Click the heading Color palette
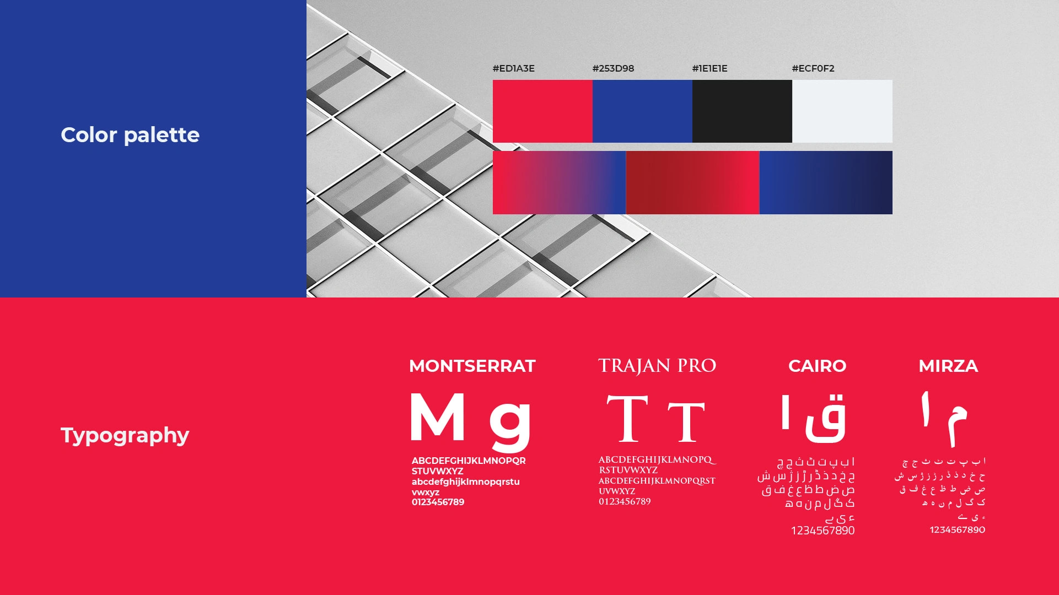pyautogui.click(x=130, y=135)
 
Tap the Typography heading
pyautogui.click(x=125, y=435)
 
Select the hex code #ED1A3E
pyautogui.click(x=513, y=68)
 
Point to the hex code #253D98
pyautogui.click(x=613, y=68)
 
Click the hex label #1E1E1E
pyautogui.click(x=709, y=68)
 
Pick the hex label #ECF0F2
pyautogui.click(x=813, y=68)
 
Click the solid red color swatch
pyautogui.click(x=542, y=111)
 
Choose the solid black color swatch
pyautogui.click(x=742, y=111)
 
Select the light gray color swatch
pyautogui.click(x=842, y=111)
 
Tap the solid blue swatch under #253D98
pyautogui.click(x=642, y=111)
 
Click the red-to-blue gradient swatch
pyautogui.click(x=559, y=182)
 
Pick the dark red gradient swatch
pyautogui.click(x=692, y=182)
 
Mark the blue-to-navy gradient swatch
pyautogui.click(x=826, y=182)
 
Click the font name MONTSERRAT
pyautogui.click(x=472, y=366)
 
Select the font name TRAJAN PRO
pyautogui.click(x=657, y=365)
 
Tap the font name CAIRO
pyautogui.click(x=817, y=366)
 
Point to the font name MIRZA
pyautogui.click(x=948, y=366)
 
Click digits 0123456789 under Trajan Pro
pyautogui.click(x=625, y=501)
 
